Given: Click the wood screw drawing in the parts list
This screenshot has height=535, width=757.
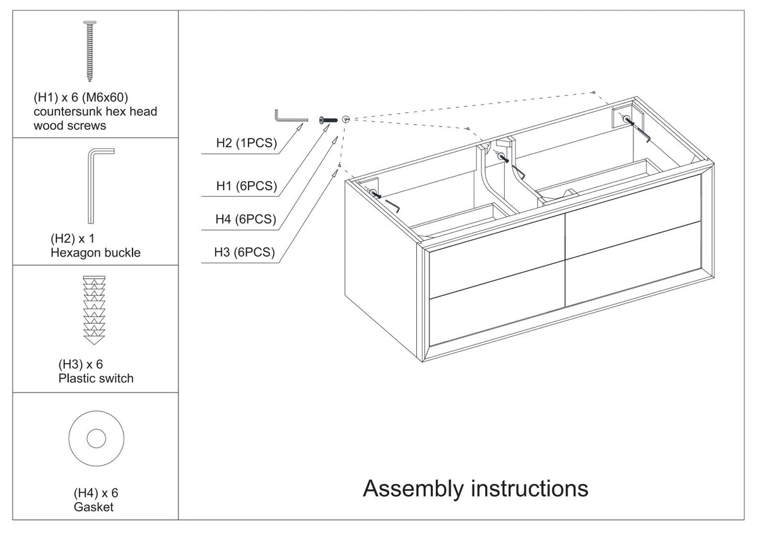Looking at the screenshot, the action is pos(90,51).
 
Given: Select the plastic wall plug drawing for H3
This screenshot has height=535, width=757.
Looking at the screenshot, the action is pos(94,310).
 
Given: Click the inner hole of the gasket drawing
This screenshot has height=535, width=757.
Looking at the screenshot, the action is pos(97,439).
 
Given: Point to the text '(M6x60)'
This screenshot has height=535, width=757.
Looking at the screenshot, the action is pos(105,98).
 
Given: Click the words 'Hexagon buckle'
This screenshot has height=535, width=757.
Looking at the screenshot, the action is pos(96,253).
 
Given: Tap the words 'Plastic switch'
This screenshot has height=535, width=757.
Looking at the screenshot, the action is pos(96,378).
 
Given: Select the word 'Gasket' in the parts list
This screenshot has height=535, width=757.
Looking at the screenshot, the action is pos(93,507).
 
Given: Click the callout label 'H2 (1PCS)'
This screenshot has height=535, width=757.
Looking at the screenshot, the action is pos(247,143).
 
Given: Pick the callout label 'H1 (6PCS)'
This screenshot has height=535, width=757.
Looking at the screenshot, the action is pos(247,186).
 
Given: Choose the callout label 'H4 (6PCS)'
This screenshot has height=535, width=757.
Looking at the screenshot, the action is pos(245,219).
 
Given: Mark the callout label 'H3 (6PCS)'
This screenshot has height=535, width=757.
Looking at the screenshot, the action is pos(244,252).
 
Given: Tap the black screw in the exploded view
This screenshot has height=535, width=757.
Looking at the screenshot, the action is pos(328,120).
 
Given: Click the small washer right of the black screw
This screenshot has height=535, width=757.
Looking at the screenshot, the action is pos(346,119).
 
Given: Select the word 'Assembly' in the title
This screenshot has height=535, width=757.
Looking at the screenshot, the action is pos(413,489).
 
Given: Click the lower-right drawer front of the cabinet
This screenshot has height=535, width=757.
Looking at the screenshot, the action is pos(633,264).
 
